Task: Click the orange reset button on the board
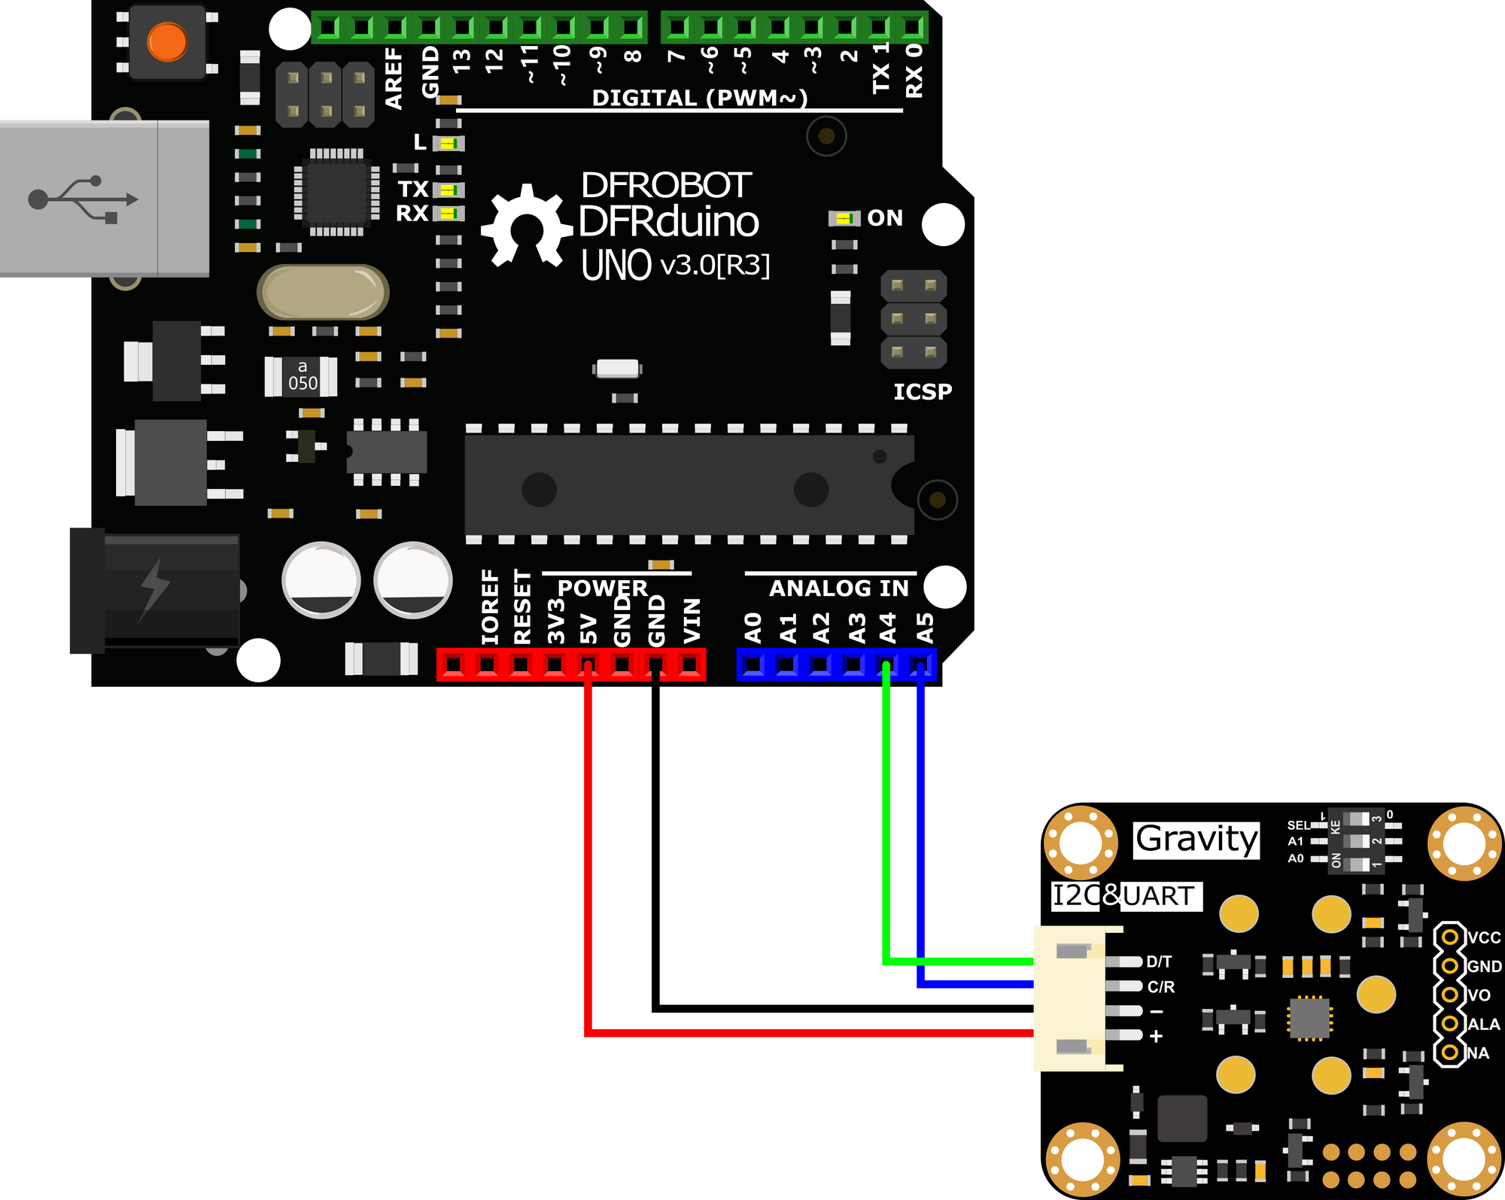pyautogui.click(x=166, y=41)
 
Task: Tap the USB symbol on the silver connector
pyautogui.click(x=83, y=199)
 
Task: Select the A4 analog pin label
pyautogui.click(x=889, y=627)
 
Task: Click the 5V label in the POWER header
pyautogui.click(x=588, y=629)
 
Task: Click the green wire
pyautogui.click(x=886, y=828)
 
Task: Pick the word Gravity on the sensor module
pyautogui.click(x=1196, y=840)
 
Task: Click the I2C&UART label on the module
pyautogui.click(x=1125, y=896)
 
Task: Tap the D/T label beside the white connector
pyautogui.click(x=1159, y=962)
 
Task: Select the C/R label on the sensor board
pyautogui.click(x=1161, y=986)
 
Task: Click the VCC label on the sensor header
pyautogui.click(x=1484, y=937)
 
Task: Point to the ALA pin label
pyautogui.click(x=1483, y=1024)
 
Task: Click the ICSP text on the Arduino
pyautogui.click(x=923, y=392)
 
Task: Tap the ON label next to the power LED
pyautogui.click(x=885, y=218)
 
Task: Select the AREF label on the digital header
pyautogui.click(x=394, y=78)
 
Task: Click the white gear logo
pyautogui.click(x=526, y=226)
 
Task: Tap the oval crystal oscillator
pyautogui.click(x=323, y=292)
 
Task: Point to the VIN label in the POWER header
pyautogui.click(x=692, y=621)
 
